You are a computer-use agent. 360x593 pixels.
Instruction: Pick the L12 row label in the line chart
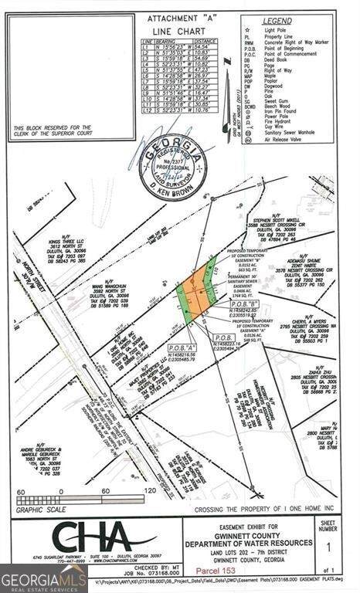pyautogui.click(x=147, y=110)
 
